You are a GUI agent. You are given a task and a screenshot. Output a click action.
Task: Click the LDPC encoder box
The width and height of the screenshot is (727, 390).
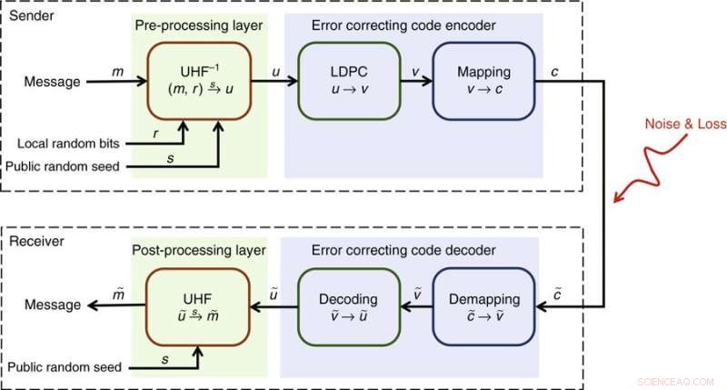click(x=348, y=82)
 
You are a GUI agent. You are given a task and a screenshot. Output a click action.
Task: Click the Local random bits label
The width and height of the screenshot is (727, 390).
click(x=70, y=144)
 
